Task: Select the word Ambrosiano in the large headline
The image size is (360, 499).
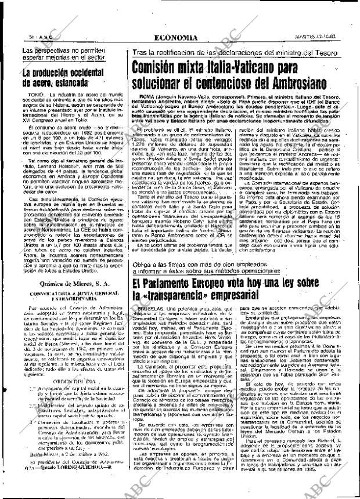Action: [295, 86]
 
